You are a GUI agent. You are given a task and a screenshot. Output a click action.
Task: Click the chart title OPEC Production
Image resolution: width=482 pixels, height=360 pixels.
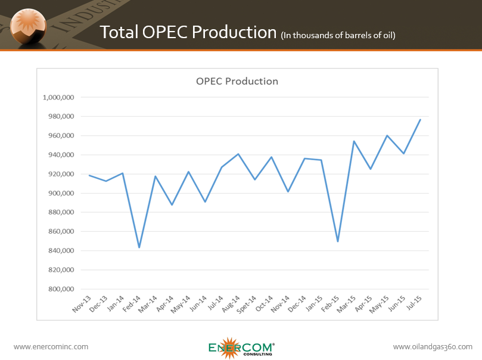coord(237,81)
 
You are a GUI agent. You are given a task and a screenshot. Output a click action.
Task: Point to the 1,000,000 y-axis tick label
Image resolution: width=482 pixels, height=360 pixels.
coord(58,97)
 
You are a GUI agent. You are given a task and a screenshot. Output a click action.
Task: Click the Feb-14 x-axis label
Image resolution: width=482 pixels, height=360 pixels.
coord(132,303)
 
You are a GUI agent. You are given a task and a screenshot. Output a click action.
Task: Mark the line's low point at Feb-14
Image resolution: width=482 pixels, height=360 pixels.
coord(139,247)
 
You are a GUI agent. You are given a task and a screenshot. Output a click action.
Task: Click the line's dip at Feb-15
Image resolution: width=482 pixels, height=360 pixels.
coord(338,241)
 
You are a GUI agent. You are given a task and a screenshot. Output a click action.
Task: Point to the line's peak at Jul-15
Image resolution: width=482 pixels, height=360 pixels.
coord(421,119)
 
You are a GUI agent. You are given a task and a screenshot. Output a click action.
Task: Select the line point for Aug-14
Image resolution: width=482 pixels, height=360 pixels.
coord(238,154)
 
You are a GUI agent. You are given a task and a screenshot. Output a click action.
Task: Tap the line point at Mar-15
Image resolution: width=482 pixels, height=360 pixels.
coord(354,141)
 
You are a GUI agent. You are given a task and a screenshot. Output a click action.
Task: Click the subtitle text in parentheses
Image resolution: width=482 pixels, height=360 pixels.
coord(338,35)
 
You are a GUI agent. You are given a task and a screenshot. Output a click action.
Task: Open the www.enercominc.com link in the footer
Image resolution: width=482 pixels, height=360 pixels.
coord(51,346)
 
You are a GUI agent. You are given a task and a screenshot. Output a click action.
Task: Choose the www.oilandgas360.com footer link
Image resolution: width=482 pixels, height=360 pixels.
coord(433,346)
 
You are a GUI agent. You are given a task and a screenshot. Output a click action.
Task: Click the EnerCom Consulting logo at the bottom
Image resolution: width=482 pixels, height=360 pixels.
coord(241,348)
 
